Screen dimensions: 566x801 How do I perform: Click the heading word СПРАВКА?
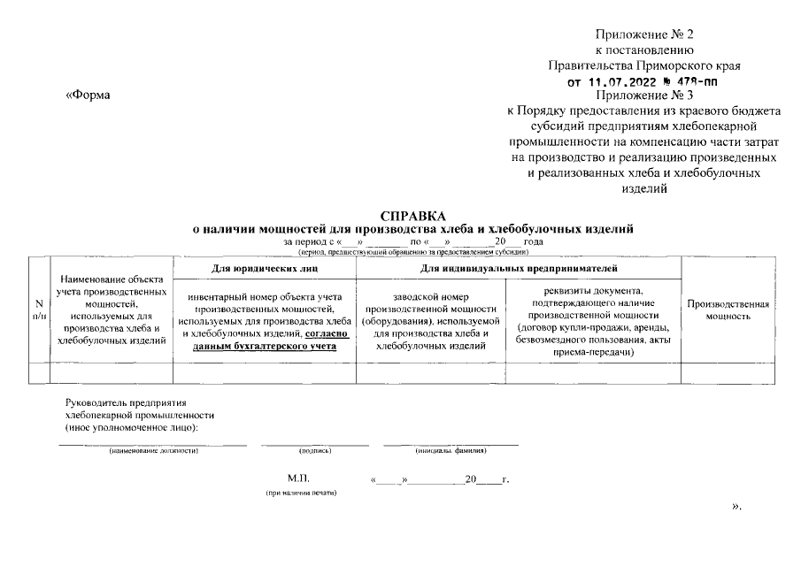pos(413,216)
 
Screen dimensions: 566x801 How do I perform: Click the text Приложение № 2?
pos(643,34)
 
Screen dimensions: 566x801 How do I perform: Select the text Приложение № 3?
pos(643,95)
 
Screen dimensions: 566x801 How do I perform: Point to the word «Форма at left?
pos(89,96)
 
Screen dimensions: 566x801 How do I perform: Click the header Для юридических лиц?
pos(266,266)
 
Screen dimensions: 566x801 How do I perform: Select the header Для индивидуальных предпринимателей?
pos(519,266)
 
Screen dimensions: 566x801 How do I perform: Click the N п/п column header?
pos(40,310)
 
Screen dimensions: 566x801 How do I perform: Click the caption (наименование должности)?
pos(153,451)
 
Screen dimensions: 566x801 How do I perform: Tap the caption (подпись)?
pos(315,451)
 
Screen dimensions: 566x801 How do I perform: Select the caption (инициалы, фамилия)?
pos(451,451)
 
